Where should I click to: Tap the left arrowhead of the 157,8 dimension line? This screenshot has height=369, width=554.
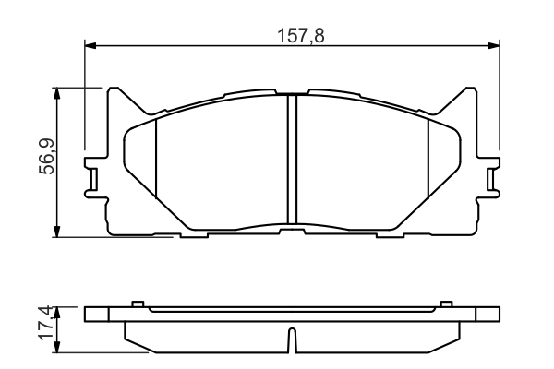[x=90, y=43]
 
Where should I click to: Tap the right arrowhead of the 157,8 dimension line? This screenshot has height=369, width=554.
[x=494, y=43]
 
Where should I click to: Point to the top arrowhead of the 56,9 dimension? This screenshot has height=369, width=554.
[x=59, y=93]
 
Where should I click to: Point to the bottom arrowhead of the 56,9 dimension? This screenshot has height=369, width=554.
[x=59, y=232]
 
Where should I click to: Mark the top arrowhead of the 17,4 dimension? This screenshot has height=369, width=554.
[x=59, y=312]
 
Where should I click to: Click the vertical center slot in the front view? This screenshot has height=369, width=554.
[x=291, y=161]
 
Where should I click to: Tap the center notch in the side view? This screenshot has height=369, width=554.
[x=292, y=341]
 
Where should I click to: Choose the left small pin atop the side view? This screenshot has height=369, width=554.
[x=137, y=304]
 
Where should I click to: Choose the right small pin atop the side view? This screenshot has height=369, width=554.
[x=447, y=304]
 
